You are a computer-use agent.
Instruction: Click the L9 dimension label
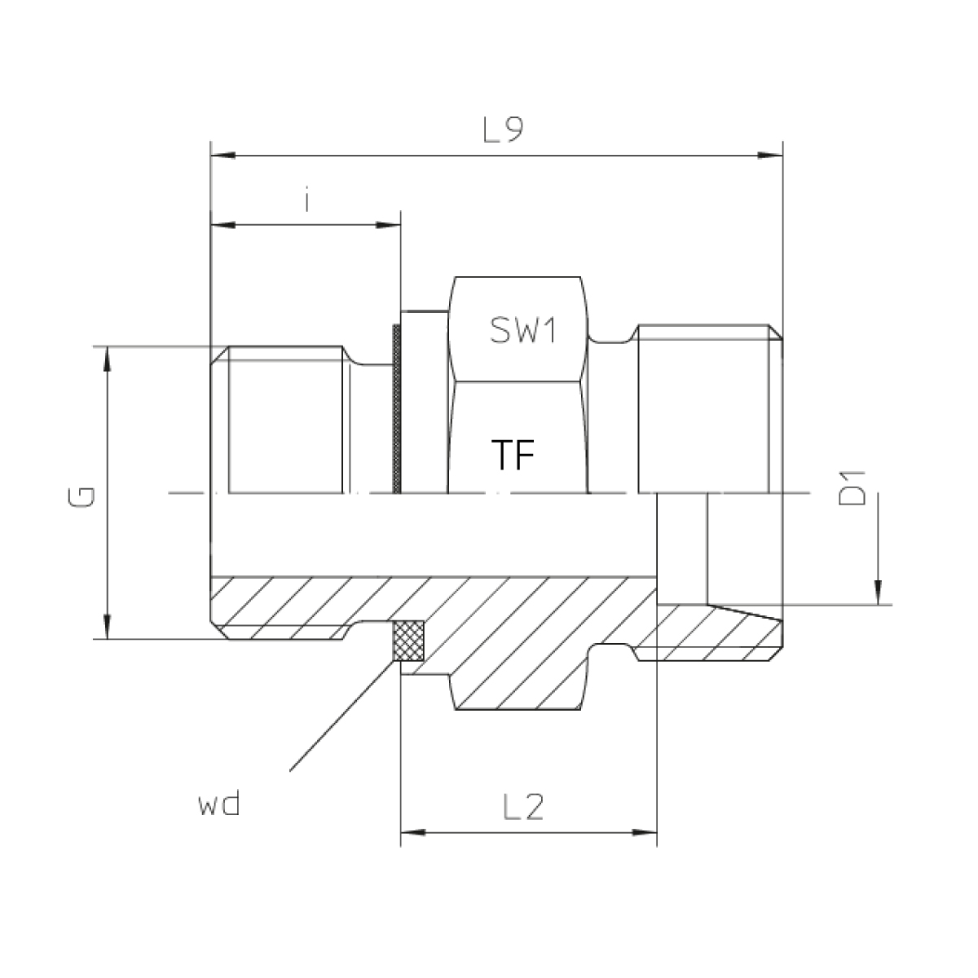[502, 130]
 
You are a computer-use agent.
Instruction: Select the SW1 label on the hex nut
[523, 330]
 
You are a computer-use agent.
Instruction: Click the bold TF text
[513, 455]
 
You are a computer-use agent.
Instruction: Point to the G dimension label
[81, 497]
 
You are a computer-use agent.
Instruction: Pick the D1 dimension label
[852, 489]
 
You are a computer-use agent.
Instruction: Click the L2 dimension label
[523, 807]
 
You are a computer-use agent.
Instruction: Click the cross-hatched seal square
[409, 641]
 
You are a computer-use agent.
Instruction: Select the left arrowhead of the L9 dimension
[222, 155]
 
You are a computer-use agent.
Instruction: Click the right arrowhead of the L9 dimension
[770, 155]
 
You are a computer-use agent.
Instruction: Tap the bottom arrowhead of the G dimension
[107, 626]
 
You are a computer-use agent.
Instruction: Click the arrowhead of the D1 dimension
[879, 593]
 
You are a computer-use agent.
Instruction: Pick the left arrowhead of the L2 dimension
[413, 832]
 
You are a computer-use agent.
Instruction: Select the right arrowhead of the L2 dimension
[645, 832]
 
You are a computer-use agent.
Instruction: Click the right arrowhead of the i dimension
[388, 225]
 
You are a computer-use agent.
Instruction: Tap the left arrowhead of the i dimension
[222, 225]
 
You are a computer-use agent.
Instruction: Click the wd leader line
[342, 716]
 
